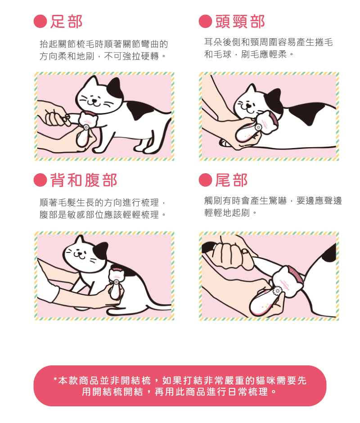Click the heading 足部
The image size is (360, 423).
pos(66,21)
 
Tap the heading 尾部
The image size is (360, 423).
pos(231,180)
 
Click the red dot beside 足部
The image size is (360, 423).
pos(40,21)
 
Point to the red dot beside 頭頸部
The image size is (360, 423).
pos(205,21)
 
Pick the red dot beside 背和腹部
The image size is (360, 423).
pos(40,180)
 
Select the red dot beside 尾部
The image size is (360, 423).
pos(205,180)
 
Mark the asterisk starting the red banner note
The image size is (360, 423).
pos(55,381)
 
